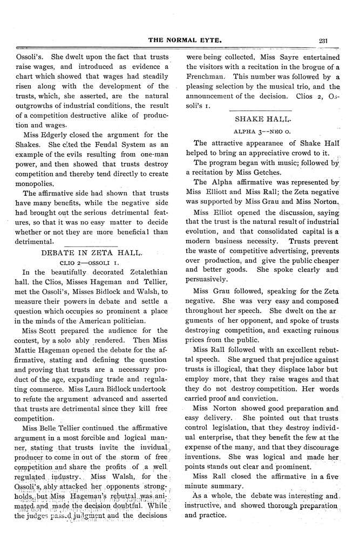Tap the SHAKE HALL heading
(x=263, y=118)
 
